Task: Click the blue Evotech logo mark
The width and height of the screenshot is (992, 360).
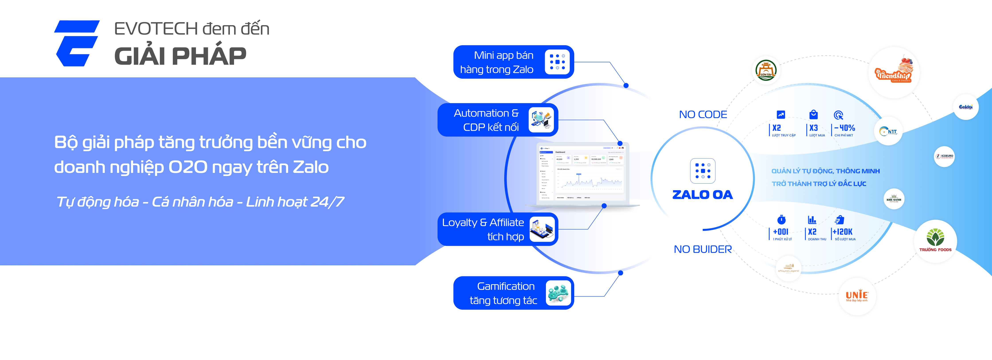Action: [x=77, y=43]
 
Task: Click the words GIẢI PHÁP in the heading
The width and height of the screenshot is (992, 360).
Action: [x=180, y=56]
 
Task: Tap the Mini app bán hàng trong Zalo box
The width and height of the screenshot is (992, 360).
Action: [x=513, y=62]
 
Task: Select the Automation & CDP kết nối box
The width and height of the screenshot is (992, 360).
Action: [x=498, y=120]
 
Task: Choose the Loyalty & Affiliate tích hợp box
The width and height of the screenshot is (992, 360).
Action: [x=498, y=229]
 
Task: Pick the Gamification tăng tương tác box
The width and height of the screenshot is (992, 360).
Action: [x=513, y=293]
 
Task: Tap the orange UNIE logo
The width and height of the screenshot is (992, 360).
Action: [x=857, y=296]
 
